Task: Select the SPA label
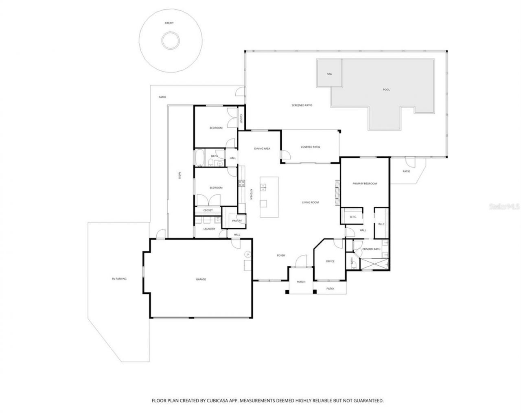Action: pyautogui.click(x=330, y=74)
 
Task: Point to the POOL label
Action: pyautogui.click(x=386, y=90)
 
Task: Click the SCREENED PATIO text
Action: pyautogui.click(x=302, y=105)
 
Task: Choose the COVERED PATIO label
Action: pyautogui.click(x=310, y=147)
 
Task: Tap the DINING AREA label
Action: pyautogui.click(x=262, y=149)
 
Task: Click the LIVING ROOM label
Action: pyautogui.click(x=310, y=202)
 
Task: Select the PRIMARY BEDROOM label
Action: pyautogui.click(x=364, y=184)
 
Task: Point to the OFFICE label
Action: pyautogui.click(x=330, y=261)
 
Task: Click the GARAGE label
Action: pyautogui.click(x=201, y=279)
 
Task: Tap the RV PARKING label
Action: pyautogui.click(x=119, y=279)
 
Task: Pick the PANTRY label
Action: pyautogui.click(x=236, y=221)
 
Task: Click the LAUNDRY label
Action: pyautogui.click(x=209, y=229)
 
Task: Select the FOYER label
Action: pyautogui.click(x=281, y=256)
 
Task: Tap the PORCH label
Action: pyautogui.click(x=301, y=282)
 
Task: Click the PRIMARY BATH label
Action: pyautogui.click(x=371, y=249)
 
